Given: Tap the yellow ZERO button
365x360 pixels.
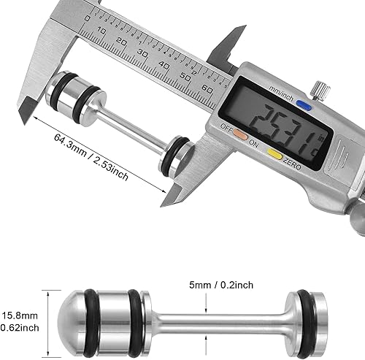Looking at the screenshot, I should (x=274, y=154).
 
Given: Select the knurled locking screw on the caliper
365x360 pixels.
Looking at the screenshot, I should (x=319, y=91).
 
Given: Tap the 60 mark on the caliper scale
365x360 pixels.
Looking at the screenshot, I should (x=206, y=86).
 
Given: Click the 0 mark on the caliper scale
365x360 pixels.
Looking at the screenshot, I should (x=88, y=19).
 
